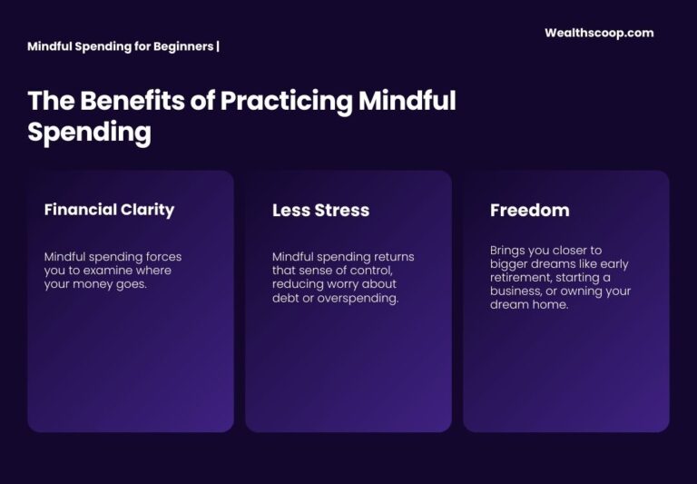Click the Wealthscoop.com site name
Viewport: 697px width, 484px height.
[x=599, y=33]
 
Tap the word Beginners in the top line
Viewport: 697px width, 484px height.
[x=181, y=45]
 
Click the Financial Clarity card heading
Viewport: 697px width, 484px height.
[x=109, y=210]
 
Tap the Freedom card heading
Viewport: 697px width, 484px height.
[x=530, y=211]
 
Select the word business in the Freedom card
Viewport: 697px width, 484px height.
[x=515, y=291]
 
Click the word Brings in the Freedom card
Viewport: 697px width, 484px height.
[x=508, y=251]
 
